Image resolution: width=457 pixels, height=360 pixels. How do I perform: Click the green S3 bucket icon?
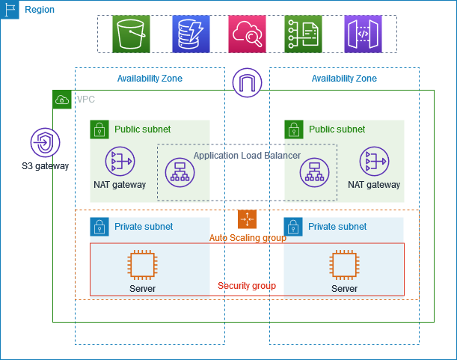point(132,34)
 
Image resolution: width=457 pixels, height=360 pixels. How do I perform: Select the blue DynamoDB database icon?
point(189,34)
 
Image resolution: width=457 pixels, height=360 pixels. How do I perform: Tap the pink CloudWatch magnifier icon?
point(247,34)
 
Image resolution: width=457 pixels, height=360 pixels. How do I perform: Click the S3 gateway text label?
point(45,166)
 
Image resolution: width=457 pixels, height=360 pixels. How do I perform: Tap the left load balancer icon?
point(180,173)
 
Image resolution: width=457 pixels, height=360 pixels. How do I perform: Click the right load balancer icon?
point(314,173)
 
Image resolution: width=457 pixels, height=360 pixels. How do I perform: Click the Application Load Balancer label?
point(247,156)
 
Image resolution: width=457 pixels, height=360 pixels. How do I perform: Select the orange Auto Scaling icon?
point(247,219)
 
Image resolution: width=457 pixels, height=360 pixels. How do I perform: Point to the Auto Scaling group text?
point(247,238)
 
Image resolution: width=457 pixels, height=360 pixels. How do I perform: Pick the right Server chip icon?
point(344,265)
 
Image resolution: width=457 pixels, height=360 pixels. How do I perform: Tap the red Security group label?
point(247,286)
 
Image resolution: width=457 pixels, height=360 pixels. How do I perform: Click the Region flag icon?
point(10,10)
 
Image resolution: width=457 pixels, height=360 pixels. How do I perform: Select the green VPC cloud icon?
point(62,100)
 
